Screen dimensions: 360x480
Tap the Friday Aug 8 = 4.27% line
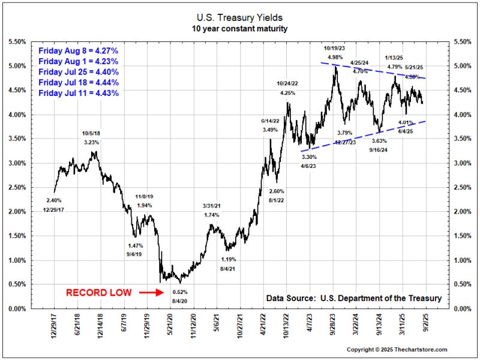[79, 51]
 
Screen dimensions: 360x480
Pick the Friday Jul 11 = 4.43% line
[79, 93]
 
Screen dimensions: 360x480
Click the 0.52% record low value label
[179, 292]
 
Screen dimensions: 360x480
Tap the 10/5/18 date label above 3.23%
[92, 133]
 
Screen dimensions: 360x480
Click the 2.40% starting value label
[53, 200]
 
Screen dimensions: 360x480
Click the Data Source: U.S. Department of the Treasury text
[353, 298]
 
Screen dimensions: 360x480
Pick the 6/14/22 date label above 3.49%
[271, 121]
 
